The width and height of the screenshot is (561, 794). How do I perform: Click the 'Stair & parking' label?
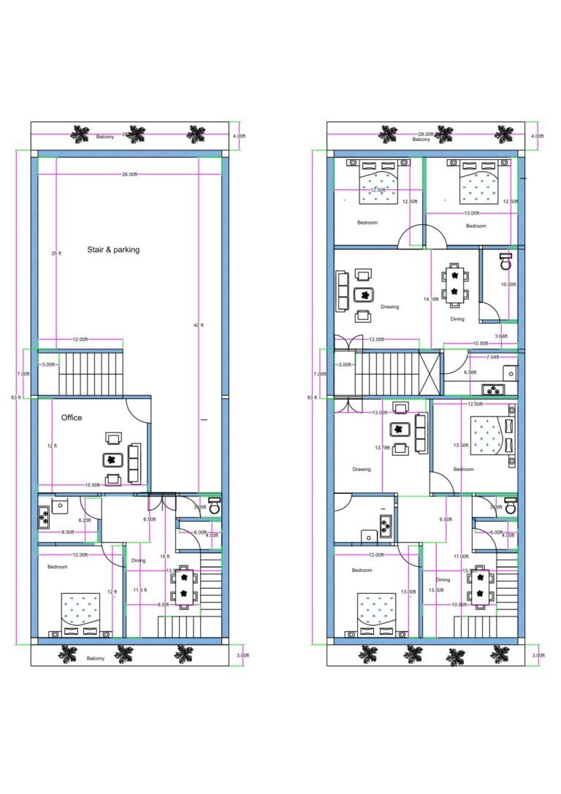coord(113,250)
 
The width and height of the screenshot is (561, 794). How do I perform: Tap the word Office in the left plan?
coord(72,418)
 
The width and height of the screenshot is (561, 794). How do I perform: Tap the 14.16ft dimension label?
coord(431,299)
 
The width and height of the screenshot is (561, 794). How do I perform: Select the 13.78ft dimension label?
coord(383,447)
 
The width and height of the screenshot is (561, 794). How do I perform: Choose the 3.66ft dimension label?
coord(500,337)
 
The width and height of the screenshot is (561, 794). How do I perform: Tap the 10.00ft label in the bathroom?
coord(508,284)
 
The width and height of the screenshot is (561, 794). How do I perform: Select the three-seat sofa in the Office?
coord(134,462)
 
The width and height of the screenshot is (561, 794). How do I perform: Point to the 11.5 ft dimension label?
coord(140,589)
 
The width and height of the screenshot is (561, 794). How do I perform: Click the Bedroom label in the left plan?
coord(58,567)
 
